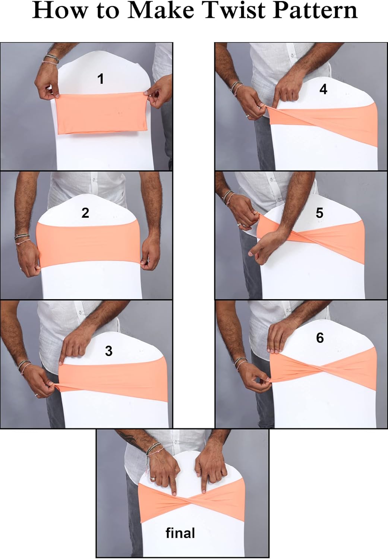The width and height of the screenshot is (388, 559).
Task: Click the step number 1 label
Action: pyautogui.click(x=100, y=79)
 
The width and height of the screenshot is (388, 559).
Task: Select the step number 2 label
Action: pyautogui.click(x=85, y=213)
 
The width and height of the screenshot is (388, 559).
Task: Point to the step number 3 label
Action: pyautogui.click(x=108, y=351)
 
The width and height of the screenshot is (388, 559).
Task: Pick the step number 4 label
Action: pyautogui.click(x=323, y=89)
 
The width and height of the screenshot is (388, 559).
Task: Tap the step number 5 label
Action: pyautogui.click(x=319, y=213)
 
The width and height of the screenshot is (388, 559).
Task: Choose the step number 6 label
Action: pyautogui.click(x=320, y=338)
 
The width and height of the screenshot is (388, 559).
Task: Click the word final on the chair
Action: pyautogui.click(x=180, y=533)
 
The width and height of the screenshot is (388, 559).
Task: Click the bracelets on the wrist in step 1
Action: pyautogui.click(x=51, y=59)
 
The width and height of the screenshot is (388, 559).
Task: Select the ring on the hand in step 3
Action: pyautogui.click(x=36, y=395)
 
